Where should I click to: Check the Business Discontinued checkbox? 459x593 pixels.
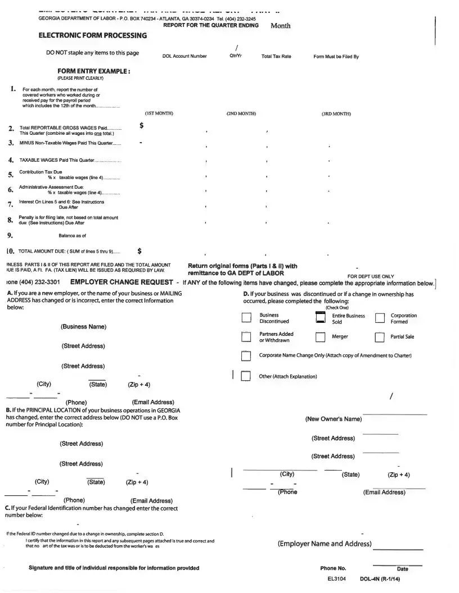tap(246, 318)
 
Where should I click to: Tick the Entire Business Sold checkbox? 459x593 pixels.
tap(321, 318)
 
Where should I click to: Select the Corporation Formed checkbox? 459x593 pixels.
tap(380, 319)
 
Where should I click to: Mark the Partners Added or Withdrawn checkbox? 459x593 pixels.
tap(246, 337)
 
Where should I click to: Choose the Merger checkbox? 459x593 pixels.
tap(321, 337)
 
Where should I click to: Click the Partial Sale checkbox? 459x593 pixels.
tap(380, 337)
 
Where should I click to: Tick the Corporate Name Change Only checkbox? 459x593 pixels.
tap(246, 356)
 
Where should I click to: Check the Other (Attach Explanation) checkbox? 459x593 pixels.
tap(246, 376)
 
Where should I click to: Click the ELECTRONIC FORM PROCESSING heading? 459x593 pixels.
tap(92, 35)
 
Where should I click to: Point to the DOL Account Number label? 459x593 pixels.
tap(184, 56)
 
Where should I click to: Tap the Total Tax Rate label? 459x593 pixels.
tap(276, 56)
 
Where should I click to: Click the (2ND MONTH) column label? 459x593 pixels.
tap(241, 113)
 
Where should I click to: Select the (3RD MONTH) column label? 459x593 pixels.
tap(336, 113)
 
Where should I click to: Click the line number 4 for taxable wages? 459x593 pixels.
tap(11, 160)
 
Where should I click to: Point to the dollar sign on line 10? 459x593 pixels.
tap(139, 250)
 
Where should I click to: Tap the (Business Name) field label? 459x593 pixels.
tap(83, 327)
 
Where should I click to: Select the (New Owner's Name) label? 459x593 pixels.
tap(333, 419)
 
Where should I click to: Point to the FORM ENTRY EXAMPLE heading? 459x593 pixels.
tap(94, 71)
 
